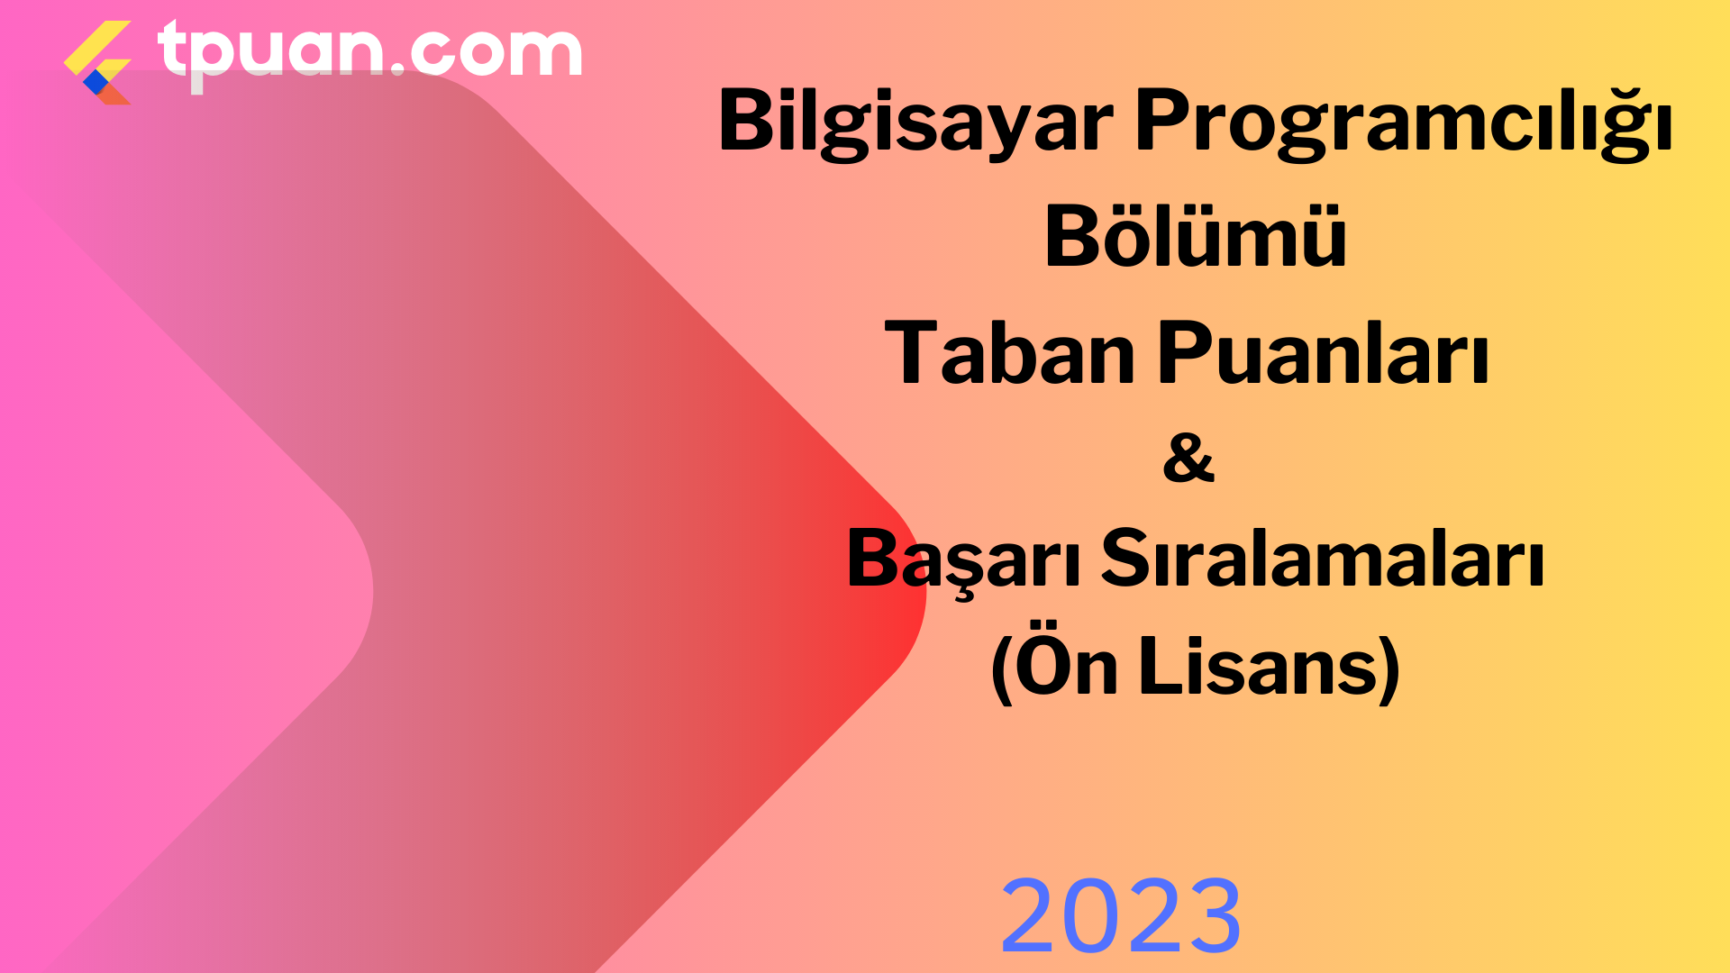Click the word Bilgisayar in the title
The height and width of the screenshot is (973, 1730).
(915, 123)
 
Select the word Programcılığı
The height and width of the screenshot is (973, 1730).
(1404, 121)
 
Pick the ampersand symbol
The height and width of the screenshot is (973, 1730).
(1188, 457)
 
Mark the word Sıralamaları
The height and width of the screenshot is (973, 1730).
(1323, 559)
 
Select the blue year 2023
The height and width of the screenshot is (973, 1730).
(1121, 915)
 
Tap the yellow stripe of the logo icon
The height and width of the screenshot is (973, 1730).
(97, 49)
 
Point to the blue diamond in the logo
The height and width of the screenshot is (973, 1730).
(96, 82)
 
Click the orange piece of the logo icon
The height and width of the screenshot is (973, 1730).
(114, 94)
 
